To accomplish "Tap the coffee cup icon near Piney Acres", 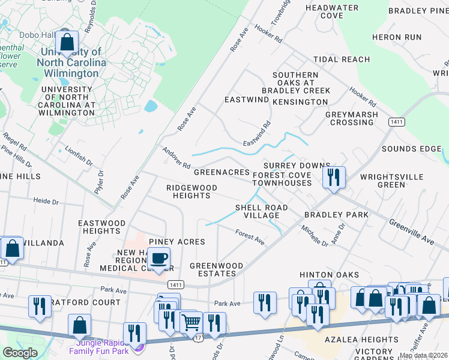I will (x=158, y=259).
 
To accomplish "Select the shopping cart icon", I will (x=191, y=323).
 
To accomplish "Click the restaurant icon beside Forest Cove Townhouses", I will (x=334, y=177).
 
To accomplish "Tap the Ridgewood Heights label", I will (x=191, y=192).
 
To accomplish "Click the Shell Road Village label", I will (x=261, y=211).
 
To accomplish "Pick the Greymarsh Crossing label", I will (x=352, y=118).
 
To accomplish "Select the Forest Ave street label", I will (x=250, y=237).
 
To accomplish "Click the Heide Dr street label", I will (x=44, y=201).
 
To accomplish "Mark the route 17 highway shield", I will (x=197, y=340).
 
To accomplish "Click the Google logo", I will (x=20, y=353).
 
